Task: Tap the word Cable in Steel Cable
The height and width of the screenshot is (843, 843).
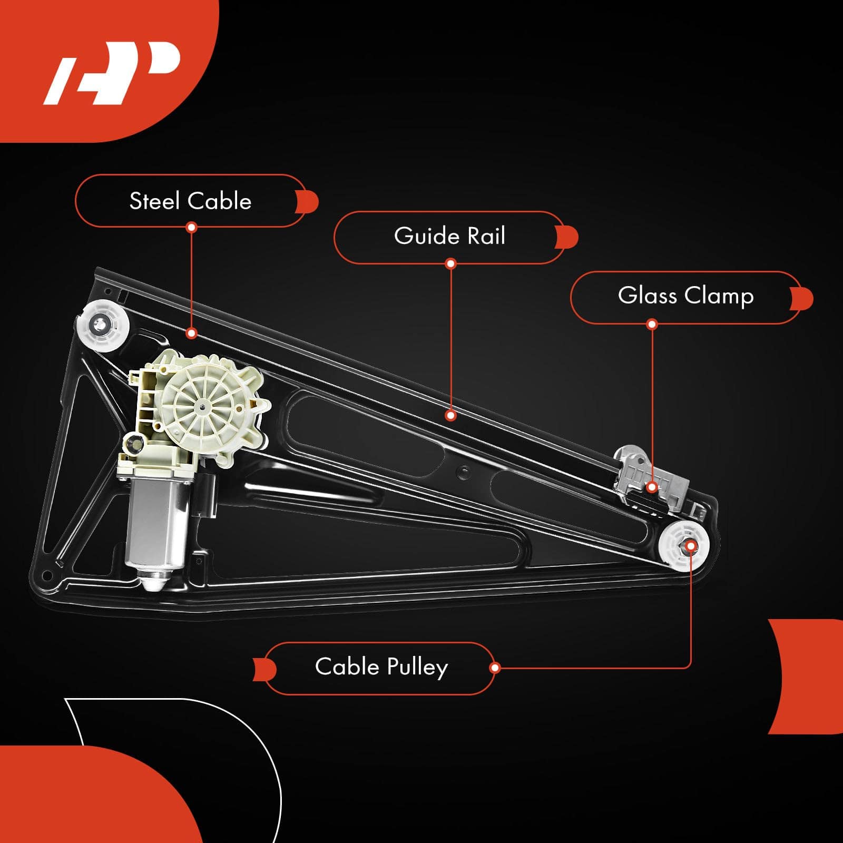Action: (x=220, y=201)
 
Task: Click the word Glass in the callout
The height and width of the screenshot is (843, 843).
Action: (x=647, y=296)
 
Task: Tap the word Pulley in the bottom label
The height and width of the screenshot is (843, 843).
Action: (x=417, y=668)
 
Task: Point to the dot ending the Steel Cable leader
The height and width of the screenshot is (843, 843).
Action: (x=192, y=333)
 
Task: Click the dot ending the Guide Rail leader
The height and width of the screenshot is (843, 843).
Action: (x=450, y=416)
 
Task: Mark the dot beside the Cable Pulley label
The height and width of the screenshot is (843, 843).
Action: (x=494, y=668)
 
